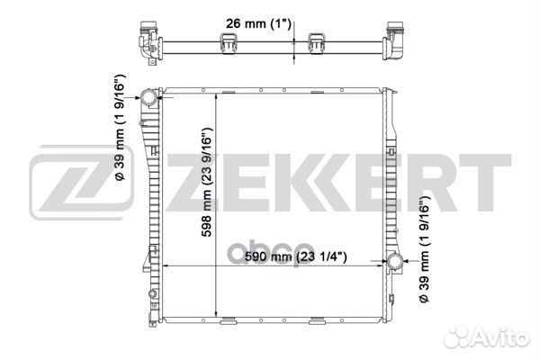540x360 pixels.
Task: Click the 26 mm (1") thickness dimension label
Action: click(x=258, y=24)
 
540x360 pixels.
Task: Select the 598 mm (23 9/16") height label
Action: click(x=207, y=182)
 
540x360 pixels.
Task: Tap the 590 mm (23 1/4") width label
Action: click(x=296, y=256)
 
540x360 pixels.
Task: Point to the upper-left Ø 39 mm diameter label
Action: click(x=121, y=127)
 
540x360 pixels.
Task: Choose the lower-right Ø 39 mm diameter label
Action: click(x=425, y=249)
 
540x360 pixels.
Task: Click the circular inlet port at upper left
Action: click(x=148, y=97)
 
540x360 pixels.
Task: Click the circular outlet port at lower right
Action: click(x=395, y=262)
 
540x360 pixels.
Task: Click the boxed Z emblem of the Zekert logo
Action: click(x=81, y=183)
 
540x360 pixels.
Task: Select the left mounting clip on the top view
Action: click(x=228, y=43)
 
